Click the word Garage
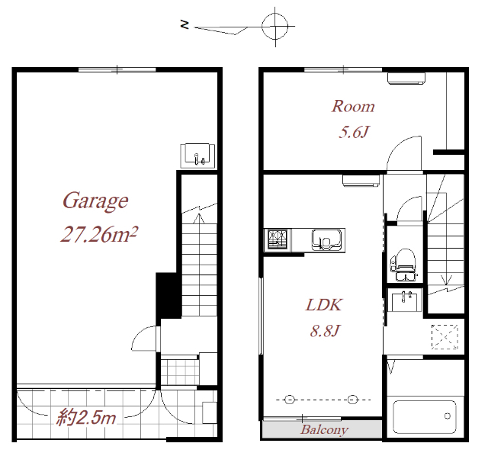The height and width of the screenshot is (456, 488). click(x=95, y=201)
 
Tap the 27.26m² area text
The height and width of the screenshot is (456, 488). click(x=99, y=234)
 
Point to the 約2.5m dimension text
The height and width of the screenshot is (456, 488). click(x=86, y=417)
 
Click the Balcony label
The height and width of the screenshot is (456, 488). click(x=324, y=430)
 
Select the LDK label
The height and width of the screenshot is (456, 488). click(x=323, y=305)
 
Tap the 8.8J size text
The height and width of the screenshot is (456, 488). click(x=323, y=330)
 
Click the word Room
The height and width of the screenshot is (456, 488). click(x=353, y=107)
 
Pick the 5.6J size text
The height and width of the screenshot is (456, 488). click(x=353, y=132)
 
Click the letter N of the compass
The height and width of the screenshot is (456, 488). click(x=185, y=24)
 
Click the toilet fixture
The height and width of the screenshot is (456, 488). click(x=403, y=265)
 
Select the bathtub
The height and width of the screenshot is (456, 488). click(x=425, y=417)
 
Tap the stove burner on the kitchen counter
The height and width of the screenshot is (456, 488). click(x=276, y=239)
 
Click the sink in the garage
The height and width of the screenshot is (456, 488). click(x=198, y=156)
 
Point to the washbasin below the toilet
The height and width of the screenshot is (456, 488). click(x=404, y=301)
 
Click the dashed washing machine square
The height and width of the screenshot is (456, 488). click(x=445, y=336)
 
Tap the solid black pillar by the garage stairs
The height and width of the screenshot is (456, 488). click(x=169, y=296)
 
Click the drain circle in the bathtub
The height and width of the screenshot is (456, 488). click(x=448, y=416)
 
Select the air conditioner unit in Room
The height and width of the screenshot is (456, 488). click(x=406, y=78)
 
